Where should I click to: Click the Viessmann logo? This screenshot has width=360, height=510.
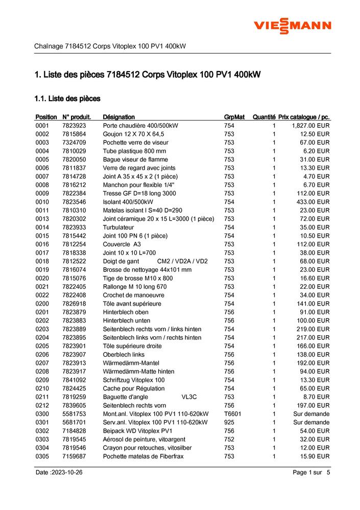293,25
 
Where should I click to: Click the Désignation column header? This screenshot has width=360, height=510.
118,117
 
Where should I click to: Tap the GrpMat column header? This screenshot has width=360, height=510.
234,117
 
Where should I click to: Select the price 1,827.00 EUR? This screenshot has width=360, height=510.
310,126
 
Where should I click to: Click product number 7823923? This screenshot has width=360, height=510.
74,126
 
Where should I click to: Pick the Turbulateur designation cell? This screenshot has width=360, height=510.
118,227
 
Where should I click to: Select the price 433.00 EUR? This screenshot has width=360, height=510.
313,202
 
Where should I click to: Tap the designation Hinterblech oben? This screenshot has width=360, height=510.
126,312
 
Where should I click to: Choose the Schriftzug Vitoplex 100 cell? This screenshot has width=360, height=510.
134,380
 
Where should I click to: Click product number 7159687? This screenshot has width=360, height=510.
74,456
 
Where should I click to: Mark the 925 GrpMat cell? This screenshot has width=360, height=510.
229,423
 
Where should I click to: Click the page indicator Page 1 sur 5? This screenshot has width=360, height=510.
311,473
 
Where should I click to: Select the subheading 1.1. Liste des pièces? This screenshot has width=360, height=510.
67,98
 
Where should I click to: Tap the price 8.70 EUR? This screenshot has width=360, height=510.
316,397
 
